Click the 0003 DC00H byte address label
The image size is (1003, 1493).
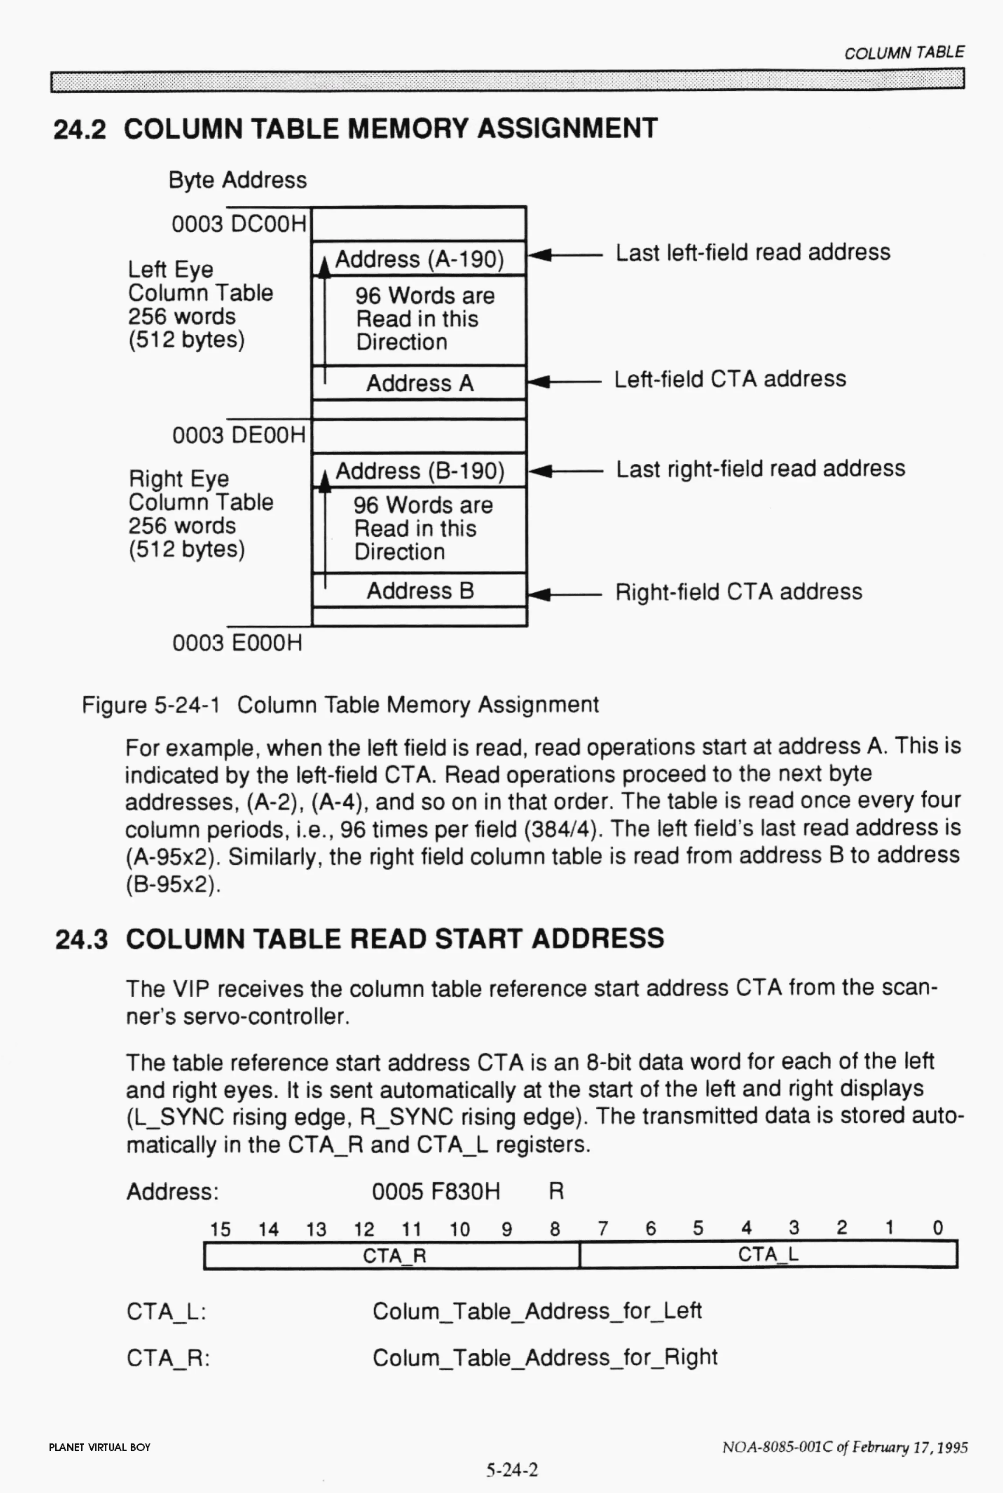click(x=238, y=224)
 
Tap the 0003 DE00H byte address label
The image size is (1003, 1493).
click(x=238, y=435)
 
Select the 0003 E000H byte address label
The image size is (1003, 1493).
click(x=237, y=642)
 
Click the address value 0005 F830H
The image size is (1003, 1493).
click(x=436, y=1192)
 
